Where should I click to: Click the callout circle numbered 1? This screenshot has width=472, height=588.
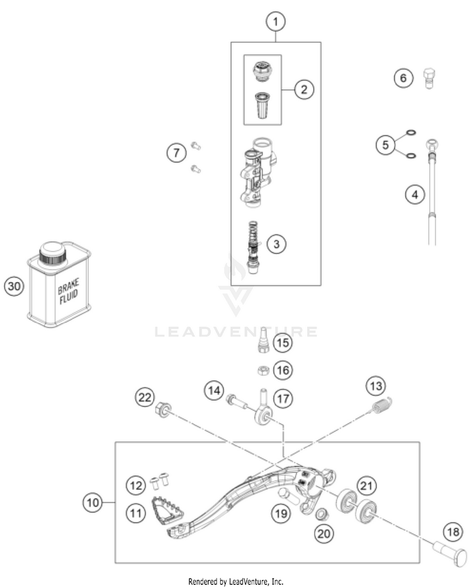275,22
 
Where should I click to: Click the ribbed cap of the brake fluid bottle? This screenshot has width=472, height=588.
53,254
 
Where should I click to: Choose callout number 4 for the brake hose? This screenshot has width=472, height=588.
413,195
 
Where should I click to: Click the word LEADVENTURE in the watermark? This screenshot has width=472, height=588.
236,331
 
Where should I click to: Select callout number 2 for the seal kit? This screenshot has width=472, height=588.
303,89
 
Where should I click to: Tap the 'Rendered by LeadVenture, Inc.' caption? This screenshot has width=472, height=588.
236,581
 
